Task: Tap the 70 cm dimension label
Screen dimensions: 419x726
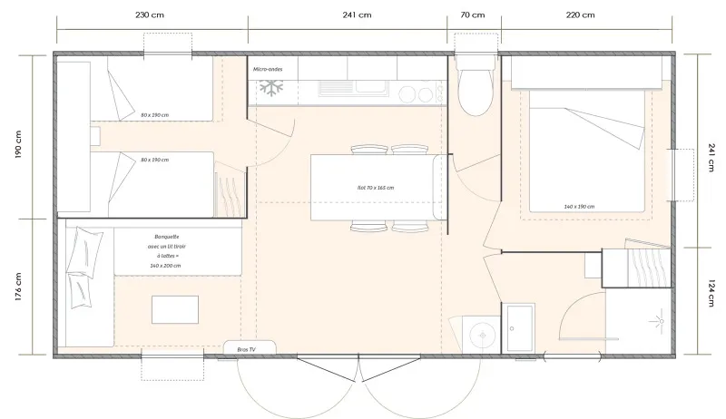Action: click(x=472, y=15)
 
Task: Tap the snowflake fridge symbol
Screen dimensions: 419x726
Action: click(x=270, y=89)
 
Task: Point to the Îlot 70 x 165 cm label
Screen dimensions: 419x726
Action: click(x=376, y=188)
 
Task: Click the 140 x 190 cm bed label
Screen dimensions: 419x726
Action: click(x=578, y=207)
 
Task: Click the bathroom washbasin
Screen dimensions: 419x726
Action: click(x=520, y=326)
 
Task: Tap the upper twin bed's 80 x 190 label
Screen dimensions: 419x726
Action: click(x=155, y=116)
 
